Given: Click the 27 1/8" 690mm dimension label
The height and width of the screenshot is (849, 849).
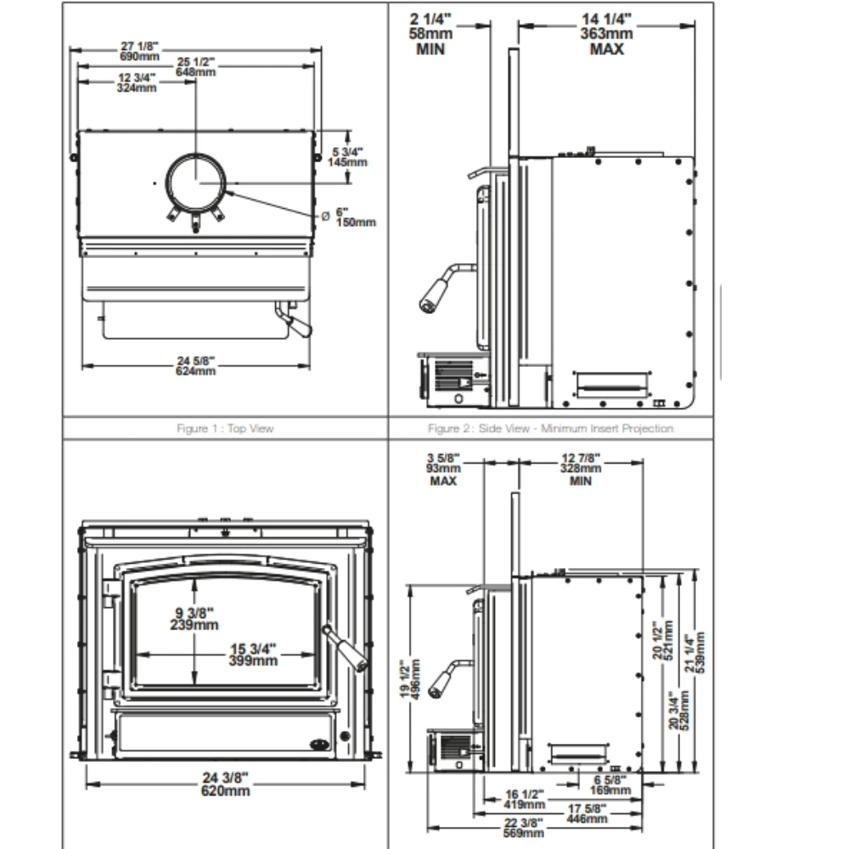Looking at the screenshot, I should [x=139, y=50].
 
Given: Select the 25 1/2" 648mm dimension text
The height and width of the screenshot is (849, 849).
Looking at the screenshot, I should [x=196, y=67].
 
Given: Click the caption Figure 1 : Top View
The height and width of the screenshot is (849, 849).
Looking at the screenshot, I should [x=225, y=429].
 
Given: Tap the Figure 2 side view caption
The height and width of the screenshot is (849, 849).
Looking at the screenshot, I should [x=550, y=429].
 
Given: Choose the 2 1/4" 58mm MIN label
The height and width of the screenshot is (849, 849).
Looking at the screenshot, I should [x=431, y=34].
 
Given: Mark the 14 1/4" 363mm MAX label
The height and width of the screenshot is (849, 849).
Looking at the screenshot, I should [x=608, y=34].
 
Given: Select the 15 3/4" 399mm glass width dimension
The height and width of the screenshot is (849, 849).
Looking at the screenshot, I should [x=254, y=655].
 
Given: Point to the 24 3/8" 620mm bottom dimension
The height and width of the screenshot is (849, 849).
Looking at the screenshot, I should [x=226, y=784].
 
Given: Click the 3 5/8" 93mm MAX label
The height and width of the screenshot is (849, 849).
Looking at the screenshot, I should [x=443, y=469].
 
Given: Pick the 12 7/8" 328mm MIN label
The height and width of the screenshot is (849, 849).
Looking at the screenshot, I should [x=582, y=469].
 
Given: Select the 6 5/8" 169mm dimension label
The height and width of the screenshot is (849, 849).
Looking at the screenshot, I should [x=610, y=784].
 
